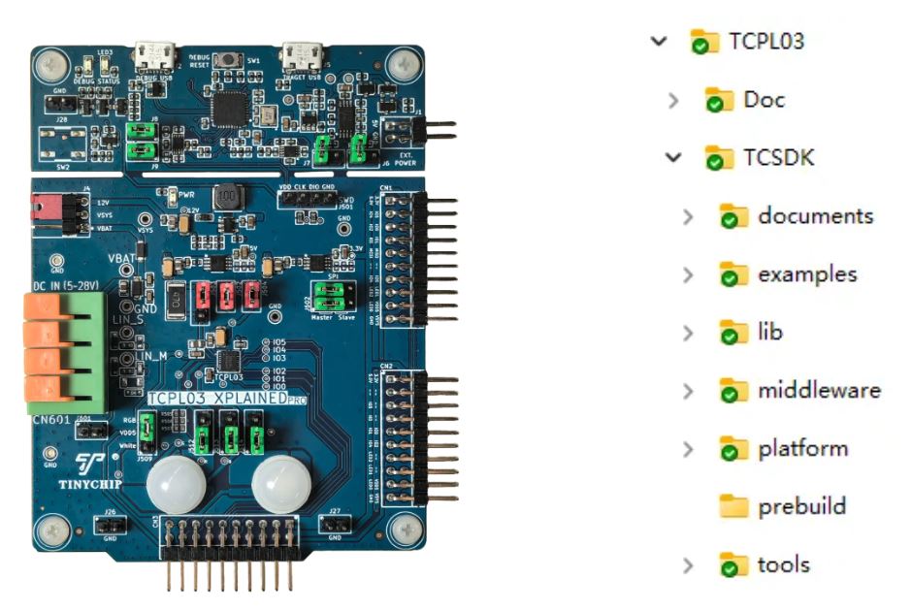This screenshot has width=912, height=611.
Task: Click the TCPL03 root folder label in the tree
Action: (766, 41)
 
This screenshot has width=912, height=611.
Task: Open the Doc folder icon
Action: (719, 100)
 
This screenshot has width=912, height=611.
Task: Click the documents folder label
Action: (815, 215)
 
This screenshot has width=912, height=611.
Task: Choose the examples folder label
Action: (807, 273)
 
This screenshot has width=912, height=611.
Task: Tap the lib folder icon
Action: (734, 333)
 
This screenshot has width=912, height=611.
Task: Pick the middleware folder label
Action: (819, 390)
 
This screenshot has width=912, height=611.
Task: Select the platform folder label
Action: (802, 448)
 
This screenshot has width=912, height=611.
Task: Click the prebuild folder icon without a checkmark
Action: (734, 506)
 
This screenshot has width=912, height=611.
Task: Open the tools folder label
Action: (783, 564)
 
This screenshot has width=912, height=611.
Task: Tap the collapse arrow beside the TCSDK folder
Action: (673, 157)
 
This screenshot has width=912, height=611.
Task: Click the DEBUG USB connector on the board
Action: (154, 55)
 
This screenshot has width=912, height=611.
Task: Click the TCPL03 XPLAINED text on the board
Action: (217, 399)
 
